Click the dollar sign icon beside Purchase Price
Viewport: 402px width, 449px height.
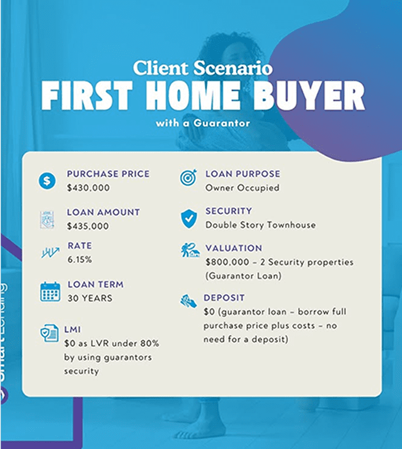[47, 181]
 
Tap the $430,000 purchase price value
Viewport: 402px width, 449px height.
[88, 188]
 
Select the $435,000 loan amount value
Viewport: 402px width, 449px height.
[88, 226]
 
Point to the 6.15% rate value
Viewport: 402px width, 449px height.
[80, 260]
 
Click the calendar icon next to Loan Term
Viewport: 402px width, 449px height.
[50, 291]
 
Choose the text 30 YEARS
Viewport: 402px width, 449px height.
[90, 298]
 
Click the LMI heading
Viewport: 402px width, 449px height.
[73, 330]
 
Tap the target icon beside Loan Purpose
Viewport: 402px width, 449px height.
[189, 177]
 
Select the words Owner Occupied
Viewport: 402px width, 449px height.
[243, 188]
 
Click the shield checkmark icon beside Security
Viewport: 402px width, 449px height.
[189, 219]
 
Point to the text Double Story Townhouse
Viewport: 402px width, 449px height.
[261, 225]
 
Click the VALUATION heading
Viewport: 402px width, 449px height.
[234, 248]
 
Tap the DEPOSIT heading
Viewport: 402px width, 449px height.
[224, 298]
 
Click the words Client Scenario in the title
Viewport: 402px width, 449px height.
[202, 68]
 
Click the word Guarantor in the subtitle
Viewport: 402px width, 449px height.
[222, 123]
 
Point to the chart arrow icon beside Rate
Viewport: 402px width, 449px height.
[50, 253]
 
